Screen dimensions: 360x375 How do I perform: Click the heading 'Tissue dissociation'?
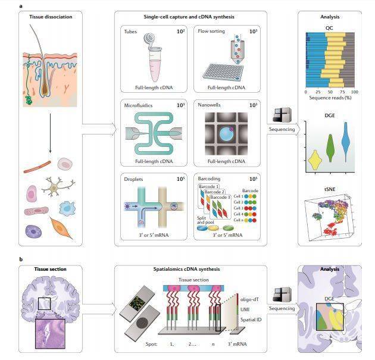pyautogui.click(x=51, y=17)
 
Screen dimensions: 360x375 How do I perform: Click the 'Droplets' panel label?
pyautogui.click(x=134, y=177)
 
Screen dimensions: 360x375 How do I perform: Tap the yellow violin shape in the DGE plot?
pyautogui.click(x=315, y=158)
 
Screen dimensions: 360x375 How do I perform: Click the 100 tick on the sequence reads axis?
pyautogui.click(x=355, y=92)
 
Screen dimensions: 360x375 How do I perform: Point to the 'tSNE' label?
pyautogui.click(x=329, y=189)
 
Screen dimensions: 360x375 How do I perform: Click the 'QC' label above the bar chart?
pyautogui.click(x=329, y=27)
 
